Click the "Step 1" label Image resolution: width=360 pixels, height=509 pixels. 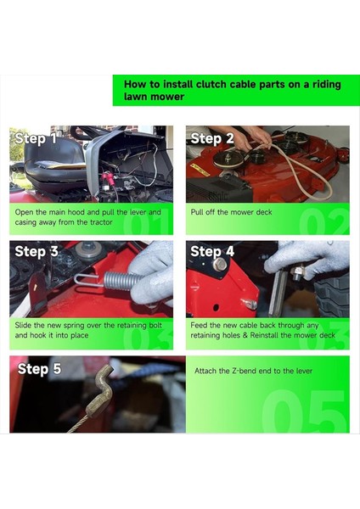click(x=36, y=138)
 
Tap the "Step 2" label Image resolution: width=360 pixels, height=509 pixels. click(x=212, y=138)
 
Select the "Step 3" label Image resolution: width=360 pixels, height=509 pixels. click(x=37, y=252)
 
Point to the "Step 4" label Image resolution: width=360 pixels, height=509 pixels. click(x=212, y=252)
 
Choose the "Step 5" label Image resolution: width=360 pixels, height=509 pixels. click(x=39, y=369)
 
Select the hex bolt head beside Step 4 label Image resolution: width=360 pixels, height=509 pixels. click(x=220, y=266)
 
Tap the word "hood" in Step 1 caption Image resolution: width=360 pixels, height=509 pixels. click(x=76, y=212)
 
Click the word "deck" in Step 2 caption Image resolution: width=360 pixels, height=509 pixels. click(x=264, y=212)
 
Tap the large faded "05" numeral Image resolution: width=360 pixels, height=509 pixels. click(x=304, y=411)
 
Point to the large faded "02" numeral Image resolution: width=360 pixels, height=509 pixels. click(x=324, y=221)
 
